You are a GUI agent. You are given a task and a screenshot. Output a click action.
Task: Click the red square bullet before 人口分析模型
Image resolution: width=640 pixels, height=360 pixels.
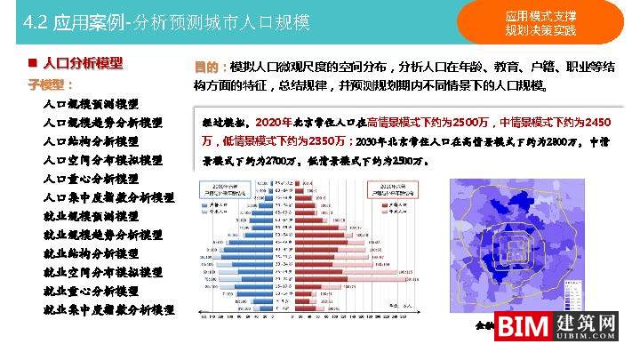pyautogui.click(x=33, y=64)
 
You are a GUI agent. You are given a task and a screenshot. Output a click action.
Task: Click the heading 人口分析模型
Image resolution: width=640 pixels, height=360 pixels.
pyautogui.click(x=83, y=64)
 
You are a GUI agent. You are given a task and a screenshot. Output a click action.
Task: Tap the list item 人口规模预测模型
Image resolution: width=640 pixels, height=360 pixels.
pyautogui.click(x=91, y=104)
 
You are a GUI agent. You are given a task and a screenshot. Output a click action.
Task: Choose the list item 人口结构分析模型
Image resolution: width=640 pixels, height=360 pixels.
pyautogui.click(x=91, y=141)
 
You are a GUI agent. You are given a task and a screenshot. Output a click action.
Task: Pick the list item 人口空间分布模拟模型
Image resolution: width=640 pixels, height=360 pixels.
pyautogui.click(x=102, y=160)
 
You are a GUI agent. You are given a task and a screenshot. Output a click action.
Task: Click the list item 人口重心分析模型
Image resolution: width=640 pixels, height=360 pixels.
pyautogui.click(x=91, y=179)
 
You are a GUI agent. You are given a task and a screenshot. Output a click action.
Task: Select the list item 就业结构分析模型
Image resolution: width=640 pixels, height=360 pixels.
pyautogui.click(x=91, y=253)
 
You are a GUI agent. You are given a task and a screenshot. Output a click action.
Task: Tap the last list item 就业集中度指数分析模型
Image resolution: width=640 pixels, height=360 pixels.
pyautogui.click(x=108, y=309)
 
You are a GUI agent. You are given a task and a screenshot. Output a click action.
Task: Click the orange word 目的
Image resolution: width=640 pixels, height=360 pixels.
pyautogui.click(x=206, y=67)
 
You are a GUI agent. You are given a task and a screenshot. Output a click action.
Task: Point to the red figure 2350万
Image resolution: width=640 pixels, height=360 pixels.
pyautogui.click(x=327, y=141)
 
